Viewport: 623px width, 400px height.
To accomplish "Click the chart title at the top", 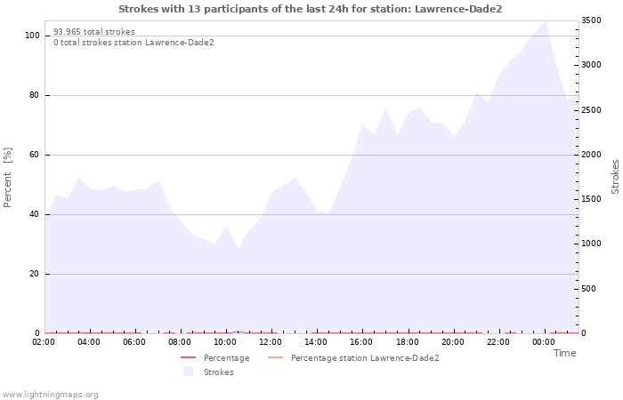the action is [x=311, y=9].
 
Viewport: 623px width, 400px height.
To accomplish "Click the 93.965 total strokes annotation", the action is [x=94, y=32].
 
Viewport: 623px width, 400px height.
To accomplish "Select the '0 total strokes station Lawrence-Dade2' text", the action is [x=133, y=43].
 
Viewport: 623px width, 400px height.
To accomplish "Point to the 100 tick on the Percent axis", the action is [x=32, y=36].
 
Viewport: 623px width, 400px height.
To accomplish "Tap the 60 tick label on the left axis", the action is [x=35, y=155].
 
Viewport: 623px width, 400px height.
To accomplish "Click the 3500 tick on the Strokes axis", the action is [x=591, y=20].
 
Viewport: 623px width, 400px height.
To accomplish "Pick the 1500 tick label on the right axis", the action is [x=591, y=199].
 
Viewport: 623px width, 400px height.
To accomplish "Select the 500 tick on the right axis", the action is [x=589, y=289].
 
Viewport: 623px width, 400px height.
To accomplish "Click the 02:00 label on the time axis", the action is [x=44, y=342].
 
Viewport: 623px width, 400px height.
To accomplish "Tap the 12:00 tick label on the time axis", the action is [x=271, y=342].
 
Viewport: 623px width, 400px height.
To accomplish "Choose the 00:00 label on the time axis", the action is [x=544, y=342].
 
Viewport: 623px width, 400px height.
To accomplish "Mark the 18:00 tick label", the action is [x=408, y=342].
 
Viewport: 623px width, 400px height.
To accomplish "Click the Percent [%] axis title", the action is [x=7, y=178].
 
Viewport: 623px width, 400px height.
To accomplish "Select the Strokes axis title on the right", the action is [x=616, y=177].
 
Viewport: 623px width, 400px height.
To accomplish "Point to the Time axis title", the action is [x=565, y=353].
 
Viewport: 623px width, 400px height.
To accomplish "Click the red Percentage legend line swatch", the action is [x=189, y=357].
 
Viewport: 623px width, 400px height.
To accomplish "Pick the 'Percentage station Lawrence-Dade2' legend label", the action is [x=365, y=358].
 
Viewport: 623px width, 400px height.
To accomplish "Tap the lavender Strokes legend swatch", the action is [x=189, y=372].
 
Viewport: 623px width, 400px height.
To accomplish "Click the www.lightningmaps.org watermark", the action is [x=50, y=395].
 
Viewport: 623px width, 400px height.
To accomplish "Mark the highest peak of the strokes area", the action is [x=545, y=21].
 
